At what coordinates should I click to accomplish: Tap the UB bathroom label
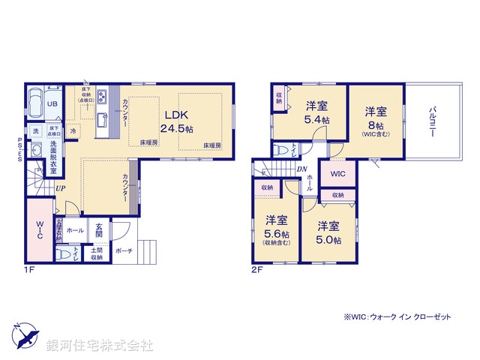53,104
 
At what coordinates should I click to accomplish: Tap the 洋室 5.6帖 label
276,229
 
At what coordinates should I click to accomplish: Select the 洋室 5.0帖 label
328,232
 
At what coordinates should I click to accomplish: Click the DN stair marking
300,169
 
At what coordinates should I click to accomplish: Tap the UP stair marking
58,187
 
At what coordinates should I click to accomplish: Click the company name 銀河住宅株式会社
100,346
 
